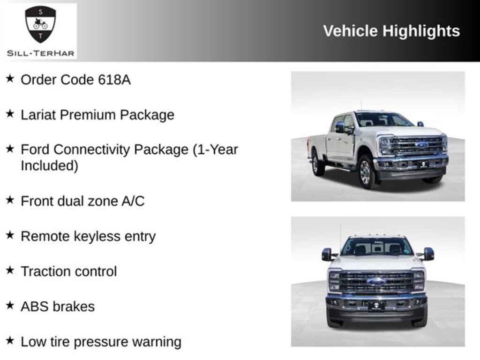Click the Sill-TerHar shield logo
[40, 24]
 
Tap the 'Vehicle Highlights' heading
[391, 31]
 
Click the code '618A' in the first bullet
[114, 80]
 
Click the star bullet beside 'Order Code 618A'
[9, 79]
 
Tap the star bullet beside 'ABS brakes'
[9, 306]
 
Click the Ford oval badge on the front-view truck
[376, 282]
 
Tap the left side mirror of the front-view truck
[327, 254]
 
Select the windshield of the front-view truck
[376, 247]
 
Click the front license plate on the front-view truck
[376, 307]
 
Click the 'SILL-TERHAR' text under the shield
[40, 53]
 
